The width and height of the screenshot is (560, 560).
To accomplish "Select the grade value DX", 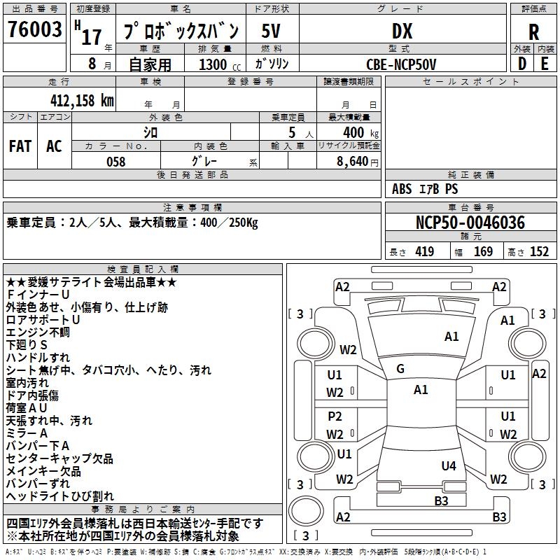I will tap(402, 31).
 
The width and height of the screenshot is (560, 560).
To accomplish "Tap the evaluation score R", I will tap(533, 32).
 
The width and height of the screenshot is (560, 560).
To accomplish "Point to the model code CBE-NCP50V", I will tap(401, 64).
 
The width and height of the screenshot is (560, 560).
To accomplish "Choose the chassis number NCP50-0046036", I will tap(470, 223).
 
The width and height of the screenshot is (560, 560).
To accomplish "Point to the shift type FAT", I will tap(20, 146).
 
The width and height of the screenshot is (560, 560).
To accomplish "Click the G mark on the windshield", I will tap(400, 369).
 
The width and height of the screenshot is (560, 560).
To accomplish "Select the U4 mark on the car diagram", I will tap(449, 465).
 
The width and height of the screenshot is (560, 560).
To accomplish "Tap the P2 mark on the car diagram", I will tap(335, 416).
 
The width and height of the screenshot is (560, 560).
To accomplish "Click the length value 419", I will tap(424, 252).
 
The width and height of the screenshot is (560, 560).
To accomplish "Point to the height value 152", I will tap(539, 252).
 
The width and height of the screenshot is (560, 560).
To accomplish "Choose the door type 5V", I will tap(272, 31).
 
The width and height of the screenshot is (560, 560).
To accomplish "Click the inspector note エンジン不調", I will tap(38, 332).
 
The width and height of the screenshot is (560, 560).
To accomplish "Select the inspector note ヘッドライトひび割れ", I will tap(59, 496).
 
